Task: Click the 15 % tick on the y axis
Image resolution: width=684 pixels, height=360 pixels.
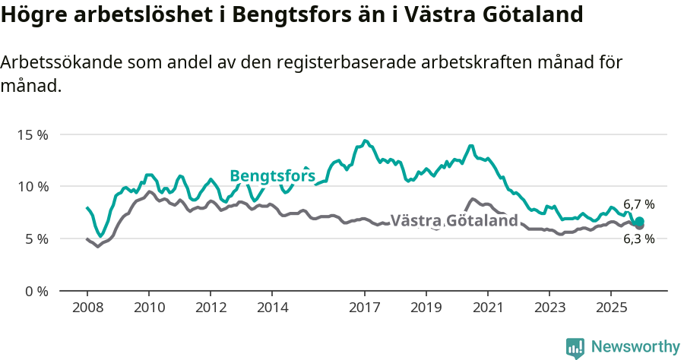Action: [33, 134]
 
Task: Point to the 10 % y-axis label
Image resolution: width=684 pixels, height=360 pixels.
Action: [33, 187]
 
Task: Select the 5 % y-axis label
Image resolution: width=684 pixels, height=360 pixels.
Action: [36, 238]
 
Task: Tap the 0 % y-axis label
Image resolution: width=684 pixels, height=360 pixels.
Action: [36, 291]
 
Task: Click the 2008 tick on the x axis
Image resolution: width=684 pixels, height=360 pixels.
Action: [87, 308]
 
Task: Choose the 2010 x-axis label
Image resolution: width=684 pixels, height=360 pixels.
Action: [149, 308]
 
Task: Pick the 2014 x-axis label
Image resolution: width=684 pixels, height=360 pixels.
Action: [272, 308]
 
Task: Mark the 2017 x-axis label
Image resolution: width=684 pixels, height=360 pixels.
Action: [365, 308]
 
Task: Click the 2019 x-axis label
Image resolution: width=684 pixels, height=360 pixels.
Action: [426, 308]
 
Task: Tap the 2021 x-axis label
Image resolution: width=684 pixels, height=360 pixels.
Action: [488, 308]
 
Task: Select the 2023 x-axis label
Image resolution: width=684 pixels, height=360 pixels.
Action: [549, 308]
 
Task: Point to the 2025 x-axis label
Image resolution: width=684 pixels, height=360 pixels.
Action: [611, 308]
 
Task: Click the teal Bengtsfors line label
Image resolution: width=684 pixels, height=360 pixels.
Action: [272, 176]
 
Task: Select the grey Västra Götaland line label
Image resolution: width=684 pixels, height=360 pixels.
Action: [454, 221]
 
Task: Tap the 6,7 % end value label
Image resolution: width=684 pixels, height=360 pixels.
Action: [638, 204]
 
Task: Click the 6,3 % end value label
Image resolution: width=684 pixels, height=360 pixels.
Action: [638, 238]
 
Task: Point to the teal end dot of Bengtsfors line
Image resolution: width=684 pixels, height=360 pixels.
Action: [639, 221]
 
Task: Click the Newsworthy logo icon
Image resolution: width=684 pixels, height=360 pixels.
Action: [575, 347]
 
